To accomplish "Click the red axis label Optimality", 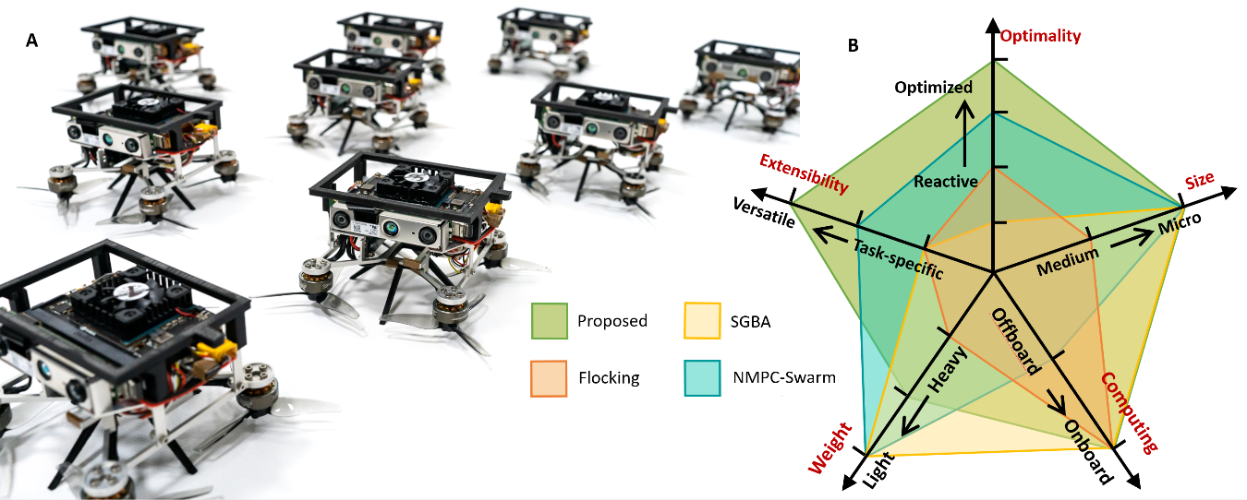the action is pos(1040,37).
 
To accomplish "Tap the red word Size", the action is pos(1200,180).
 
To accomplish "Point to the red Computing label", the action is pos(1130,412).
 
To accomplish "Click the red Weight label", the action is pos(830,448).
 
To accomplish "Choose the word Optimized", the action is pos(934,88).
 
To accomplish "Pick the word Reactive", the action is pos(946,182).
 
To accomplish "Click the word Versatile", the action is pos(764,212).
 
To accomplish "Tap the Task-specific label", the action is pos(899,259).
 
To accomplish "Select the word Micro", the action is pos(1180,223).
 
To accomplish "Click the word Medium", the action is pos(1068,261).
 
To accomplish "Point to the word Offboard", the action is pos(1016,341).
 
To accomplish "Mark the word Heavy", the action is pos(947,370).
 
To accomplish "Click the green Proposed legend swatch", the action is pos(550,321).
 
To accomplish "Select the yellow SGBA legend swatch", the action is pos(703,321).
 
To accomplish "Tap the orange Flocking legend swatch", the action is pos(549,378).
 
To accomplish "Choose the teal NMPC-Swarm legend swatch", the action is pos(703,378).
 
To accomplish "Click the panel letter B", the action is pos(854,45).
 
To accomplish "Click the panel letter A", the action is pos(31,41).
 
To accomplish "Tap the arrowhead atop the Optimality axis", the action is pos(993,26).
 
